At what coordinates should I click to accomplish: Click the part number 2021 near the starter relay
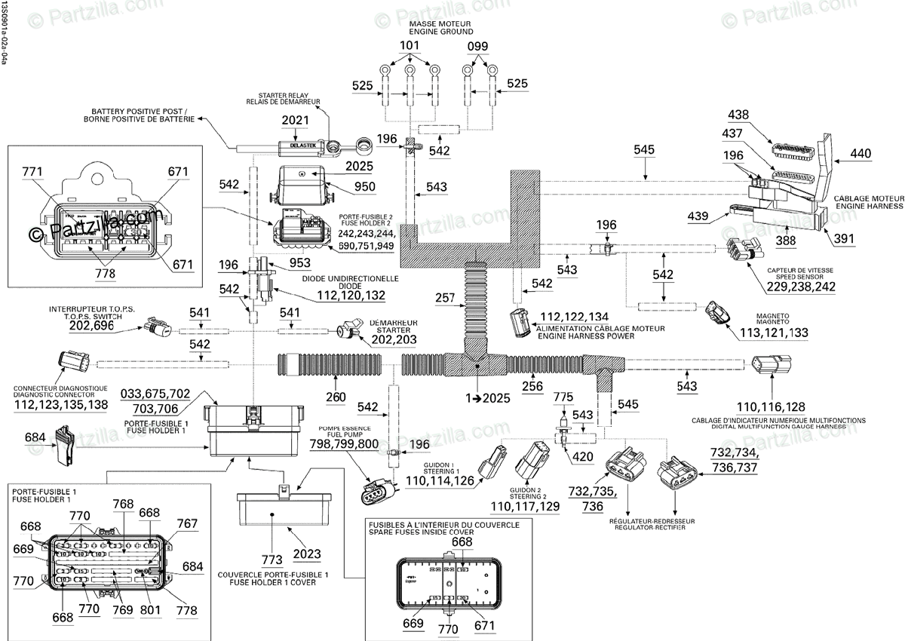(296, 121)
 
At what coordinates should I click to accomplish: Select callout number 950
(364, 186)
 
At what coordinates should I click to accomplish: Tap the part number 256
(532, 387)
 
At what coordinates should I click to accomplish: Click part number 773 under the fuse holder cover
(272, 559)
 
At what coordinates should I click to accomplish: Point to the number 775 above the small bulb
(563, 397)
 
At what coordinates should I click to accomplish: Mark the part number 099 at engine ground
(477, 46)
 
